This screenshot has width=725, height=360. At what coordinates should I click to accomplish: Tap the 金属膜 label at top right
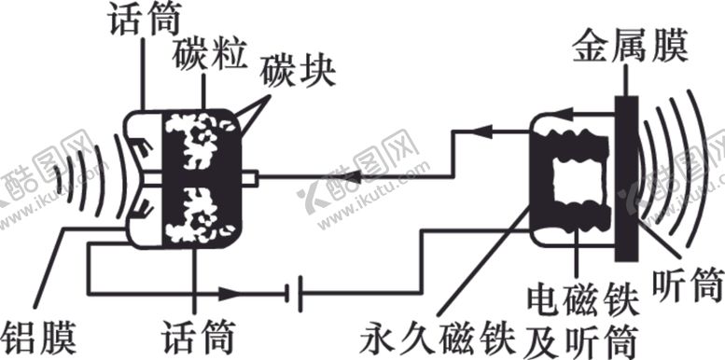pyautogui.click(x=632, y=46)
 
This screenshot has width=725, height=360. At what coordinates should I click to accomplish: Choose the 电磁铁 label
pyautogui.click(x=581, y=301)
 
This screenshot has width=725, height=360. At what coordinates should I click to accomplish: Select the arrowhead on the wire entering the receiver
pyautogui.click(x=514, y=132)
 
